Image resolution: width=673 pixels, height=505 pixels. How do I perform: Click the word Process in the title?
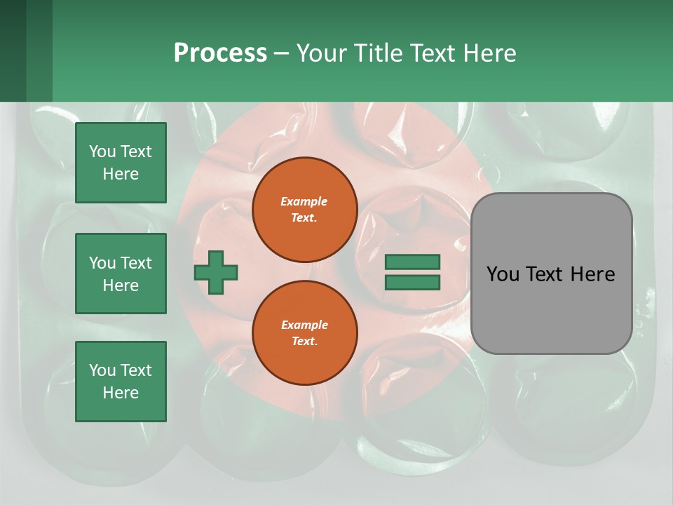pyautogui.click(x=220, y=53)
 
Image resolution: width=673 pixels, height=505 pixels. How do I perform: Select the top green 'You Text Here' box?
pyautogui.click(x=121, y=163)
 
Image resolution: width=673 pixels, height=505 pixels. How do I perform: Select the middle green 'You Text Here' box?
pyautogui.click(x=121, y=274)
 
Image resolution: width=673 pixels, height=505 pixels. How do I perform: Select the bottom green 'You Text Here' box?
pyautogui.click(x=121, y=381)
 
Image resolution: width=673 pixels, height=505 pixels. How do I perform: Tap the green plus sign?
pyautogui.click(x=216, y=271)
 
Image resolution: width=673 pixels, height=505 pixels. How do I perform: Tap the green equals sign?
pyautogui.click(x=412, y=272)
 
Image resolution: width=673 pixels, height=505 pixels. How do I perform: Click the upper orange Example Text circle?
pyautogui.click(x=304, y=210)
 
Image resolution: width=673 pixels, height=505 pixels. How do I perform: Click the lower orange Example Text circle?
pyautogui.click(x=304, y=332)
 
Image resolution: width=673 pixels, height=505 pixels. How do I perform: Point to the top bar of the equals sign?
pyautogui.click(x=412, y=262)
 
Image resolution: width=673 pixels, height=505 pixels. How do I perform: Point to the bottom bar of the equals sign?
pyautogui.click(x=412, y=282)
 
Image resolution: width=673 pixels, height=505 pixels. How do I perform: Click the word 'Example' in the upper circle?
pyautogui.click(x=304, y=201)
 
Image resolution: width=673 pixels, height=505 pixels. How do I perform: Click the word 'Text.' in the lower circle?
pyautogui.click(x=304, y=341)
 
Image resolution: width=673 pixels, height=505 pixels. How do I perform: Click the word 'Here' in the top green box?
pyautogui.click(x=121, y=174)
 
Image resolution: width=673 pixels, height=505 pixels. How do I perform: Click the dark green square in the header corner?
pyautogui.click(x=14, y=50)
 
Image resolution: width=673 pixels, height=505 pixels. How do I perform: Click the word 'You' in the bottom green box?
pyautogui.click(x=102, y=370)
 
